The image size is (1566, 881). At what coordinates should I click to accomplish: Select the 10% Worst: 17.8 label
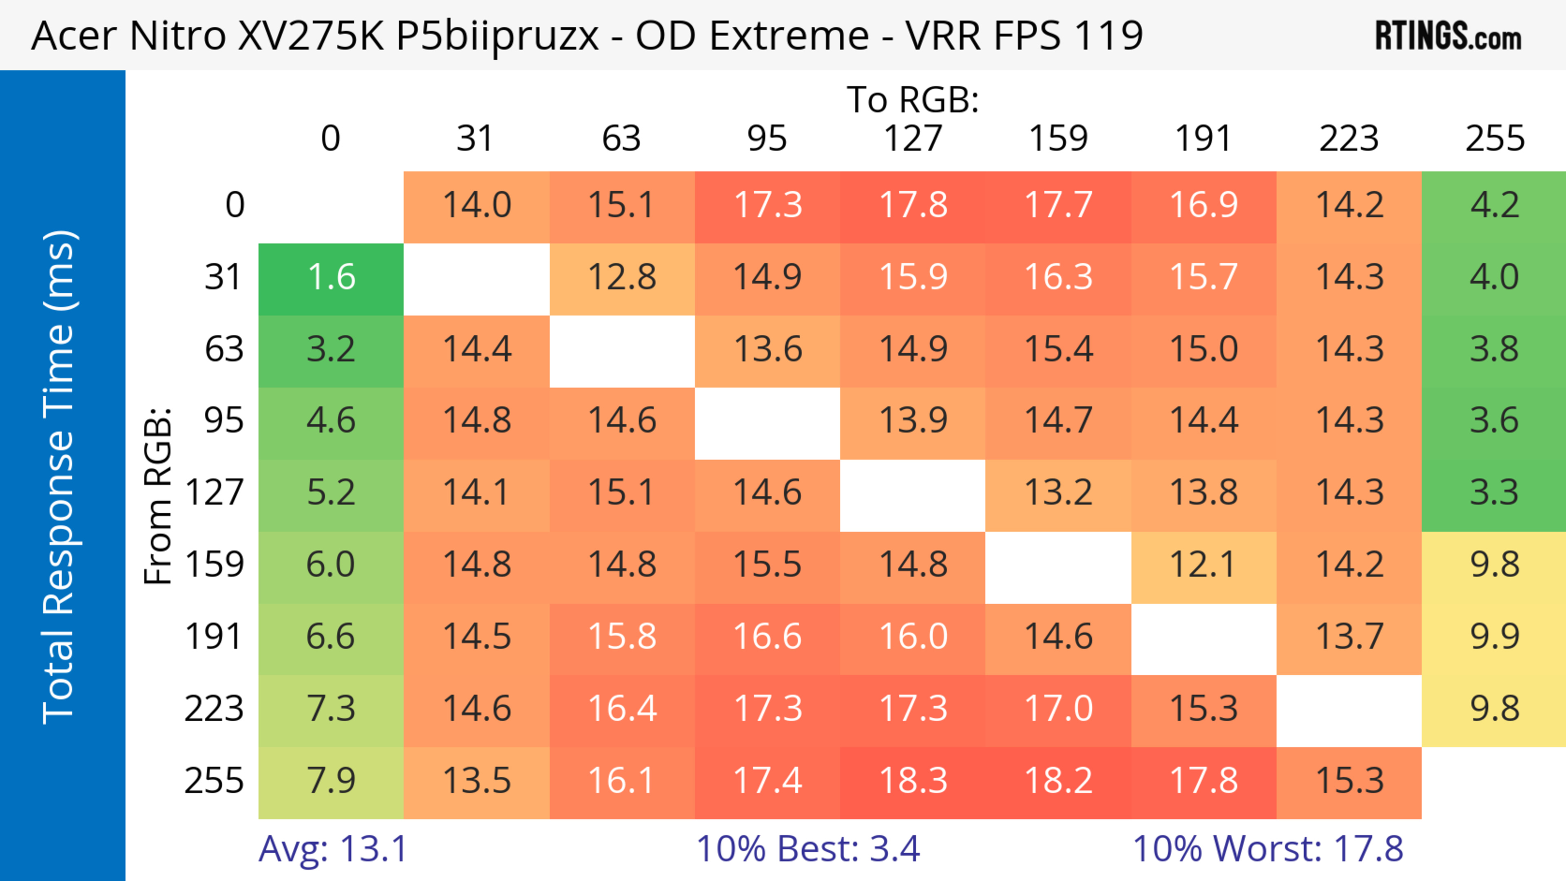coord(1267,849)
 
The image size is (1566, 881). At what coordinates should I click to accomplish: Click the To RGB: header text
coord(913,99)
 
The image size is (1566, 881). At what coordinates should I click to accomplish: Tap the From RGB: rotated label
coord(158,496)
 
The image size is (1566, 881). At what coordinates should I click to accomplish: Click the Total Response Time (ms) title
coord(60,477)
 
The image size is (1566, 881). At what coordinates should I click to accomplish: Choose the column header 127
coord(913,139)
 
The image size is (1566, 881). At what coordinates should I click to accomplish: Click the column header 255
coord(1494,139)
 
